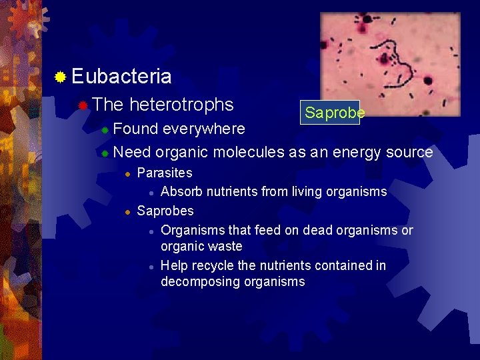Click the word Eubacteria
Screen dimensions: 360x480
pyautogui.click(x=121, y=77)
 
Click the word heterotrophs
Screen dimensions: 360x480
pyautogui.click(x=181, y=105)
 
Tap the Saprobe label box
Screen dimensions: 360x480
pyautogui.click(x=330, y=113)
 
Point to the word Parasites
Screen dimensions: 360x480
pyautogui.click(x=165, y=173)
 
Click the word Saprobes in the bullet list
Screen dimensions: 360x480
pyautogui.click(x=165, y=211)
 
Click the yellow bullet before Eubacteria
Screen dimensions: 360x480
pyautogui.click(x=60, y=78)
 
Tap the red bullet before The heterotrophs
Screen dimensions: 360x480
pyautogui.click(x=82, y=105)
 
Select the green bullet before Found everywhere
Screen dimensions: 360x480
pyautogui.click(x=105, y=129)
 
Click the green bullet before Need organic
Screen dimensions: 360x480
pyautogui.click(x=105, y=153)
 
